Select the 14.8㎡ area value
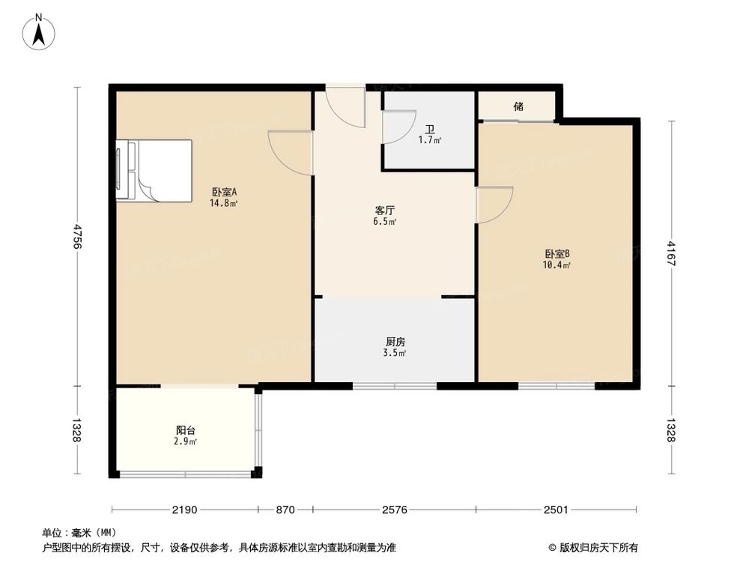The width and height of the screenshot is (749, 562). (x=224, y=203)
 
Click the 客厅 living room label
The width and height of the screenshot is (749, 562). (x=386, y=211)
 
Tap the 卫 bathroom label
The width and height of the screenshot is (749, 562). (x=429, y=128)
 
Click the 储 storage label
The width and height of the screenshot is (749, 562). (x=518, y=106)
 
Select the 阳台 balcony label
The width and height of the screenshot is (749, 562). (x=186, y=430)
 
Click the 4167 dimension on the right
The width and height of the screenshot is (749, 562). (x=672, y=252)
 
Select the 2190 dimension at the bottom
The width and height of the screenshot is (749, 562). (x=184, y=510)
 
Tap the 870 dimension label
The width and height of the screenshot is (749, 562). (x=285, y=510)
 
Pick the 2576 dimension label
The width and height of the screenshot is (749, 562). (x=394, y=510)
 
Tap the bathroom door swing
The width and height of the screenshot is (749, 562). (x=398, y=126)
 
